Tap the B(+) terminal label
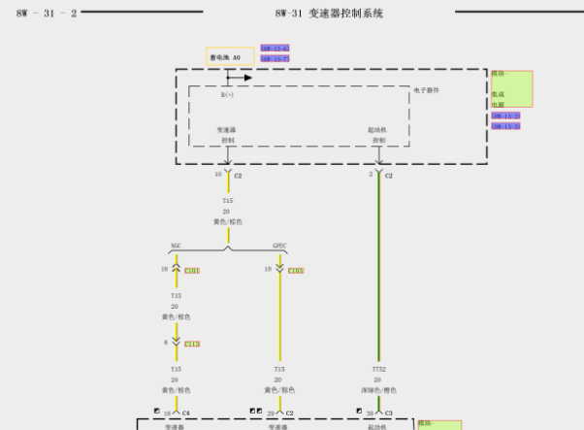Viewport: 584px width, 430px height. (x=227, y=95)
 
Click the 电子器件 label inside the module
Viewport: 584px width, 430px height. (x=427, y=90)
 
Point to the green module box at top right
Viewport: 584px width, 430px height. (x=511, y=88)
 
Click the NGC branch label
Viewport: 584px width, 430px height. (x=176, y=246)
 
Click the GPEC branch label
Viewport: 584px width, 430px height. (x=279, y=246)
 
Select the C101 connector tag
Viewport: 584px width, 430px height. (x=191, y=271)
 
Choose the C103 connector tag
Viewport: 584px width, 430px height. (x=296, y=271)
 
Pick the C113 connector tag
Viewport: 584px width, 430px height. (x=191, y=344)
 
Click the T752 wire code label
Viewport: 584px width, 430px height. (x=378, y=369)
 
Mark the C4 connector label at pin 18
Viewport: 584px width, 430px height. (x=185, y=413)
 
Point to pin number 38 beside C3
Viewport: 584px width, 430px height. (x=370, y=413)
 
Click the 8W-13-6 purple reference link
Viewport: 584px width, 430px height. (x=275, y=48)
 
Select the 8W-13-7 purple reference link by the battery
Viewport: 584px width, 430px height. (x=275, y=59)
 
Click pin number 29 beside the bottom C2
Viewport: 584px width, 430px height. (x=271, y=413)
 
